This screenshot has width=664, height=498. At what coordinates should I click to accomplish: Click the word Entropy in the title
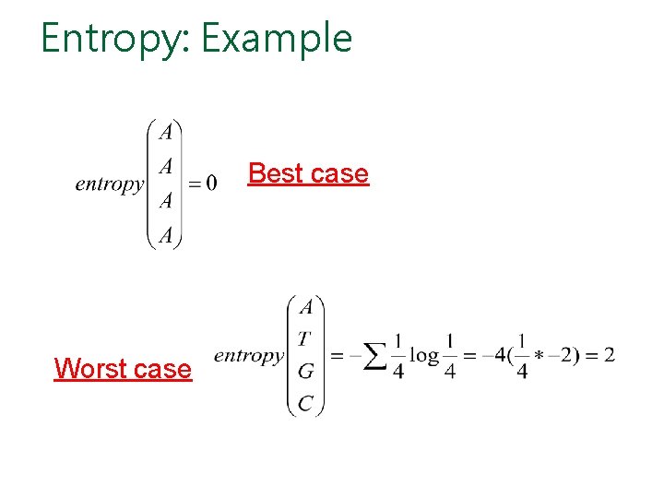point(112,39)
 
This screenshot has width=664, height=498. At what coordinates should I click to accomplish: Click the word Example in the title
point(277,39)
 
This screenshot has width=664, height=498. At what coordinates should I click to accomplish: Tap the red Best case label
point(308,173)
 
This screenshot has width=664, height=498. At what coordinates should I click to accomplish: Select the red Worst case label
point(123,369)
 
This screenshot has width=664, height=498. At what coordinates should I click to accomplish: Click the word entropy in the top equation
point(109,184)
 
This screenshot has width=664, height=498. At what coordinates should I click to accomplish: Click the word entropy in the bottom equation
point(248,356)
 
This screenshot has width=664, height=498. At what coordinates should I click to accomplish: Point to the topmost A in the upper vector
point(166,133)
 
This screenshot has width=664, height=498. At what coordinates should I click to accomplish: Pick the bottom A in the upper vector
point(166,236)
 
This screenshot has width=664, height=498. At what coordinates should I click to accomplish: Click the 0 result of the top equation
point(212,184)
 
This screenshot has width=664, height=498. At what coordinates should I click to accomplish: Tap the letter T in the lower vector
point(303,339)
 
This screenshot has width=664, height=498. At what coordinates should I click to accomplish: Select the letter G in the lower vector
point(305,372)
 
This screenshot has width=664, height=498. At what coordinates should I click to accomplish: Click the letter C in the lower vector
point(305,403)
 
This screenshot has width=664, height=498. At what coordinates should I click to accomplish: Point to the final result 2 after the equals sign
point(609,355)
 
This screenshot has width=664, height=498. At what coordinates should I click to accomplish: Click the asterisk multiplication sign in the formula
point(539,357)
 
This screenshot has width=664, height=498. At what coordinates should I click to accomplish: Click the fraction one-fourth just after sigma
point(397,356)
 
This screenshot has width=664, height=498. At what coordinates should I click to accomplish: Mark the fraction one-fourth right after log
point(450,356)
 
